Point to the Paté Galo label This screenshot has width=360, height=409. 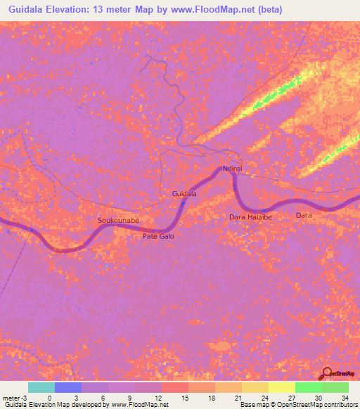point(158,236)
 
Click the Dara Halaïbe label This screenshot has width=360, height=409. point(250,217)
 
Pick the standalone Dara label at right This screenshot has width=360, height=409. point(304,215)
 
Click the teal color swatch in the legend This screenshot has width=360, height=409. point(41,387)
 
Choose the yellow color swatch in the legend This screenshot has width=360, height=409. point(281,387)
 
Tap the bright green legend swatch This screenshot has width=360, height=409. point(308,387)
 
